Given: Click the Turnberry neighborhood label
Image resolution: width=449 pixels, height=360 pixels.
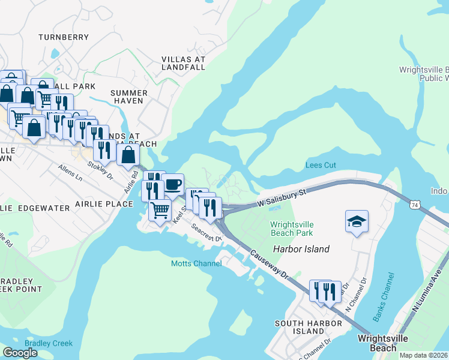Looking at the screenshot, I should (64, 37).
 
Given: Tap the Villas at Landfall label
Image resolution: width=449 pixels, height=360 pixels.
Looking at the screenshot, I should (184, 64).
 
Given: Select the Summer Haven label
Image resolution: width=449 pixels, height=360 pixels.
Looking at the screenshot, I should (129, 97).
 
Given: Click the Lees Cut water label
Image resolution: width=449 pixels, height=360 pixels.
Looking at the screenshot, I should (321, 165).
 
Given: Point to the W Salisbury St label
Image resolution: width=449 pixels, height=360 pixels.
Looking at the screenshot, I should (282, 197).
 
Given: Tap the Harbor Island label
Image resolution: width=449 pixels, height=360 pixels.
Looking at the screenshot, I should (301, 249).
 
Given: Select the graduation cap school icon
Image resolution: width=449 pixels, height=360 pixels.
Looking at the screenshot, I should (357, 222).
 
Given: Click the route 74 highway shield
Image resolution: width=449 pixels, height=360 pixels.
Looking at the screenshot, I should (414, 205).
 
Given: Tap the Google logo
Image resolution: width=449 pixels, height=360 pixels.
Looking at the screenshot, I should (20, 353).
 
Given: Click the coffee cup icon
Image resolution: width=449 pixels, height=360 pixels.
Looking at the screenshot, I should (173, 185).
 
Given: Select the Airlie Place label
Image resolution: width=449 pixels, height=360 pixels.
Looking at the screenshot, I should (104, 204).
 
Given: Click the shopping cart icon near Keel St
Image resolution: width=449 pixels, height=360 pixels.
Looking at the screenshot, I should (159, 209).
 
